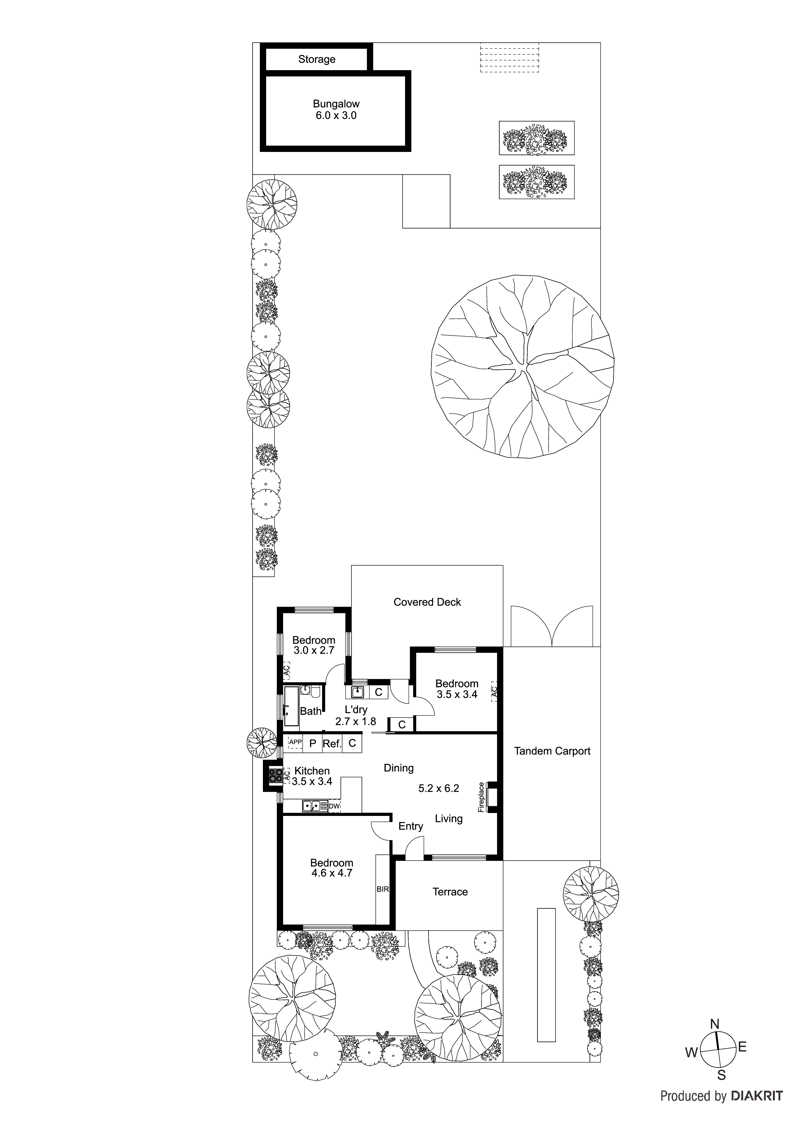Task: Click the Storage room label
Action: [317, 59]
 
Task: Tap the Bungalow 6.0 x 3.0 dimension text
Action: [336, 116]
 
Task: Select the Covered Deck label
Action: [427, 602]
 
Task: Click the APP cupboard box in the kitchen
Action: [295, 742]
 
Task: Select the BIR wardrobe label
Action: [383, 889]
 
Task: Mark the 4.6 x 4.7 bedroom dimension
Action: [331, 873]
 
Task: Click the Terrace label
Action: [450, 892]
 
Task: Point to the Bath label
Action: [310, 711]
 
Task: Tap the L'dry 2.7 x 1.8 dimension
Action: [355, 722]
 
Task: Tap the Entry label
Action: [411, 826]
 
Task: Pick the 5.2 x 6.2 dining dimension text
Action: [439, 788]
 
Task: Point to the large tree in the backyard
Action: [522, 367]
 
